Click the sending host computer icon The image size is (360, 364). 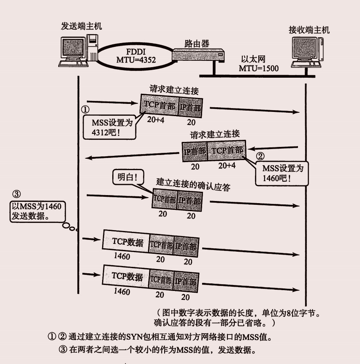(78, 51)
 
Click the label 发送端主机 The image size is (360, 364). (81, 26)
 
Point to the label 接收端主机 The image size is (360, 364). (309, 30)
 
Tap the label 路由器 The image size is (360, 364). (197, 43)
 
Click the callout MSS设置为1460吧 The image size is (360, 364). (282, 173)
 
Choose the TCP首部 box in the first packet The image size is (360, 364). (160, 105)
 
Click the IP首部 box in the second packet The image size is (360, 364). (195, 150)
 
